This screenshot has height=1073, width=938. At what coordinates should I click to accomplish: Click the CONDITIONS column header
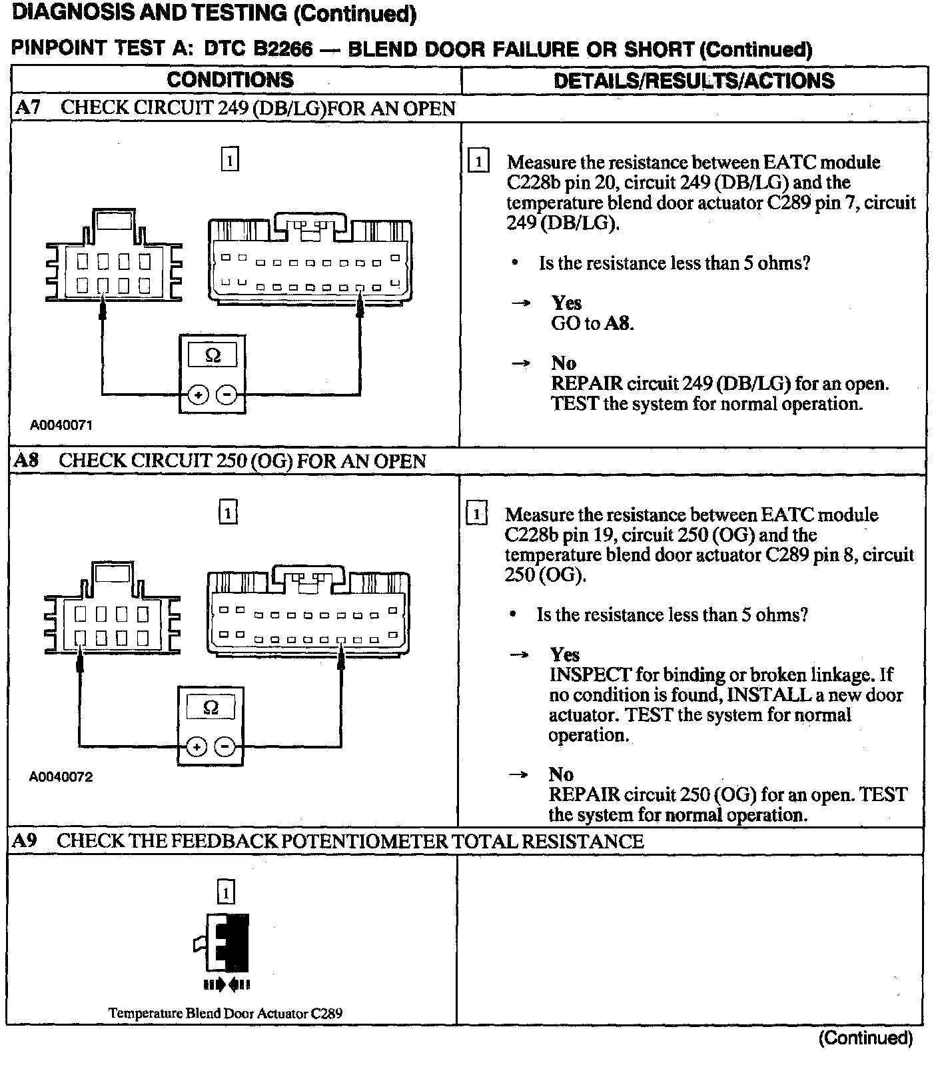(x=230, y=80)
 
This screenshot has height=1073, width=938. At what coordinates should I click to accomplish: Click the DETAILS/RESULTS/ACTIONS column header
(x=694, y=81)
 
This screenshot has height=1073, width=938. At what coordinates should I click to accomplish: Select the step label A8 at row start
(x=27, y=461)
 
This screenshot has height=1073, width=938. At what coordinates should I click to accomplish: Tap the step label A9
(x=25, y=840)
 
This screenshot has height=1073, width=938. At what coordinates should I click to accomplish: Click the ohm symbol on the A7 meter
(x=213, y=355)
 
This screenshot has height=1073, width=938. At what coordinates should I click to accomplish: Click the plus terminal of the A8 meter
(x=196, y=747)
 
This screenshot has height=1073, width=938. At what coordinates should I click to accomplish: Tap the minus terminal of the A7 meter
(x=227, y=395)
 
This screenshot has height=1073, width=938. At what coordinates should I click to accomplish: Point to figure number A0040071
(x=61, y=425)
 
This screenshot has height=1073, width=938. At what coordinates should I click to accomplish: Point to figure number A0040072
(x=61, y=777)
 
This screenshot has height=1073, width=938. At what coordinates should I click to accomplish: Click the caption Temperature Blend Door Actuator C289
(x=225, y=1013)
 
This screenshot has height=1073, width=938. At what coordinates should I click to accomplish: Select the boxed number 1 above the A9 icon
(x=227, y=892)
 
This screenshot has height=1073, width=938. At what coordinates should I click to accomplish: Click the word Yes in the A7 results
(x=566, y=303)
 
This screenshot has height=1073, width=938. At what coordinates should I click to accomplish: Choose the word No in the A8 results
(x=561, y=774)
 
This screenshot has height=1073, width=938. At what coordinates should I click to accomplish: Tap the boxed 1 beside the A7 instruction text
(x=478, y=162)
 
